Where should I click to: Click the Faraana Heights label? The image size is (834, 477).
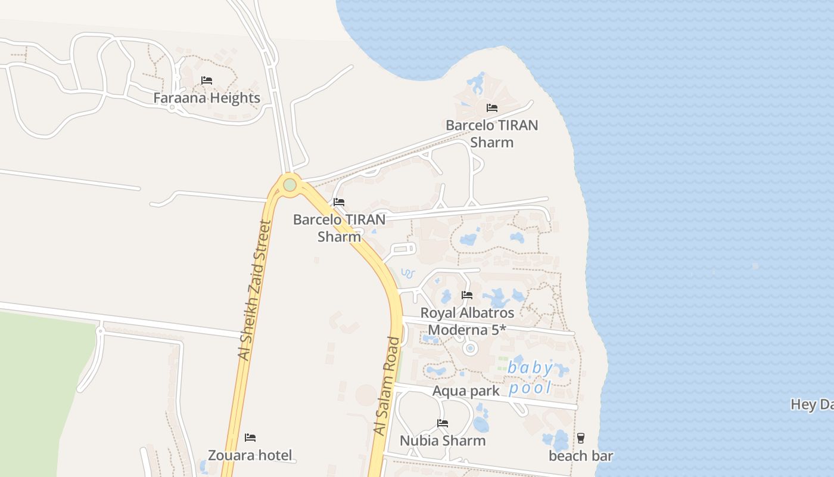(x=207, y=98)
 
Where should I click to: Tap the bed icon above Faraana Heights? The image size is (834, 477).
(x=207, y=80)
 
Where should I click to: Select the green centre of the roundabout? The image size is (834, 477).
(x=290, y=185)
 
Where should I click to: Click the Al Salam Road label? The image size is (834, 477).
(x=387, y=386)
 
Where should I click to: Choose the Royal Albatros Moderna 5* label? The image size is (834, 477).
(x=467, y=321)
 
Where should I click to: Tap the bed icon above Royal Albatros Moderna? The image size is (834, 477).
(x=467, y=295)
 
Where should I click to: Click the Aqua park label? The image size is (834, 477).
(x=466, y=391)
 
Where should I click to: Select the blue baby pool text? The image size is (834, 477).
(x=530, y=377)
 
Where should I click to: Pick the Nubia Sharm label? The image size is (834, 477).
(x=443, y=441)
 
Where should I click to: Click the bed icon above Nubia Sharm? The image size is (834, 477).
(x=443, y=423)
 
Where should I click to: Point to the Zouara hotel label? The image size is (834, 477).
(x=250, y=456)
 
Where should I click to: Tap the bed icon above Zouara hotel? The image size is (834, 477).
(x=250, y=438)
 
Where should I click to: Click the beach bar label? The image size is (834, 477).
(x=581, y=456)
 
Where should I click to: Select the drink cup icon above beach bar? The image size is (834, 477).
(x=581, y=438)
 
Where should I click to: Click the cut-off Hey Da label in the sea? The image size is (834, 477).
(x=811, y=404)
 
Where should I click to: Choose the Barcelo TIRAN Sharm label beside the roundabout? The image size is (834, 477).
(x=339, y=228)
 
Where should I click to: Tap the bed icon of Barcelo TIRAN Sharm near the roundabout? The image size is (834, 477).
(x=339, y=202)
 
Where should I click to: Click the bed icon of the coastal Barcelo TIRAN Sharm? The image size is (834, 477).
(x=492, y=108)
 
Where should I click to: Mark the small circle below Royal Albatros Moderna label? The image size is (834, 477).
(x=470, y=348)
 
